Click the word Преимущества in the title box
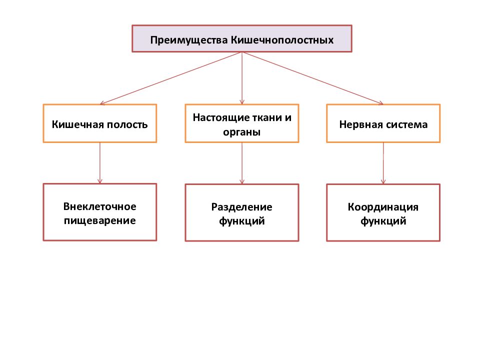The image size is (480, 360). [189, 40]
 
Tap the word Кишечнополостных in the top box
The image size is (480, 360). [282, 40]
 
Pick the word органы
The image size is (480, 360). [241, 132]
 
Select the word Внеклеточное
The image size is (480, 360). [100, 206]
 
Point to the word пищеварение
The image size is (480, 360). [100, 220]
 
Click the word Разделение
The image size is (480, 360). [242, 207]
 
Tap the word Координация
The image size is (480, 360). [383, 207]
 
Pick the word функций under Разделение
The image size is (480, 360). [242, 221]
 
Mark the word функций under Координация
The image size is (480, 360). [383, 221]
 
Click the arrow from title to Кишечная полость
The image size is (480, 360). [171, 78]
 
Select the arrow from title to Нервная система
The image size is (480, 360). [312, 78]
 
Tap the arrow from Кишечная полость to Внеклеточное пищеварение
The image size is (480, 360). [100, 163]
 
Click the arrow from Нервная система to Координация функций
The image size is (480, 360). [383, 163]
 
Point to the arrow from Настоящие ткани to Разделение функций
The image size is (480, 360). [242, 163]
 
